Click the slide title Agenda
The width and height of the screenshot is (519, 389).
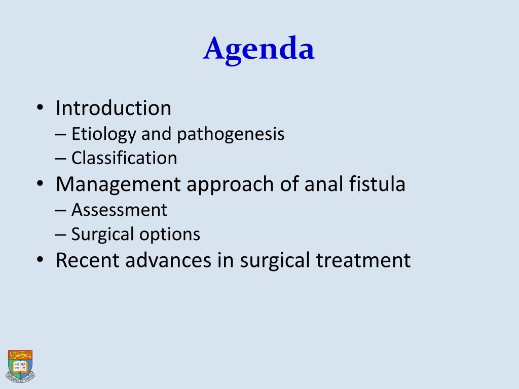click(x=259, y=50)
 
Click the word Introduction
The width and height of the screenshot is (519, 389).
click(x=114, y=108)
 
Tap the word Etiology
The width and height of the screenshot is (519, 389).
click(x=104, y=134)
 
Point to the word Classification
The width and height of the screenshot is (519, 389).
click(x=124, y=158)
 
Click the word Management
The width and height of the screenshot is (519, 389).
click(x=118, y=184)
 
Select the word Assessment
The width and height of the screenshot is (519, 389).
click(x=119, y=209)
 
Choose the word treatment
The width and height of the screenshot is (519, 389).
click(x=363, y=260)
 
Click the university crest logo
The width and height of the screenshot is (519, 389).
click(x=20, y=365)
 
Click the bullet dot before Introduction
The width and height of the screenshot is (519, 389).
click(x=40, y=108)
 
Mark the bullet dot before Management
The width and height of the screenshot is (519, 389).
click(x=40, y=184)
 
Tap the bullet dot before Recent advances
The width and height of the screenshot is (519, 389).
click(x=40, y=260)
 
